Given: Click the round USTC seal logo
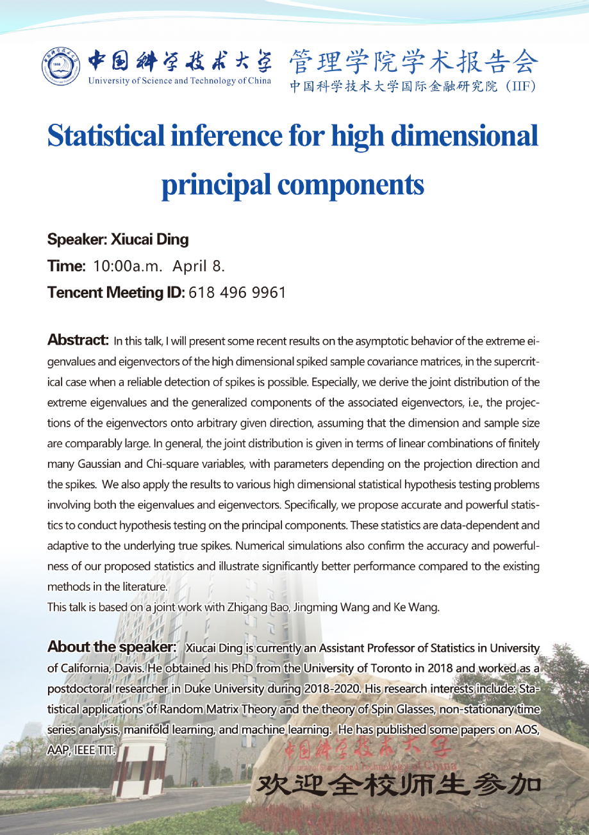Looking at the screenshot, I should tap(62, 67).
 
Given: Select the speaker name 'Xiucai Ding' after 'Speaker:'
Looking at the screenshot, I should tap(150, 240).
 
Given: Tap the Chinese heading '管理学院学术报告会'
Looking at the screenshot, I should tap(413, 63).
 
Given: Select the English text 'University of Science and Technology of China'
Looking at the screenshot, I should tap(180, 81).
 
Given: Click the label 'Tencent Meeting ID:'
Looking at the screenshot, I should tap(116, 292).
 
